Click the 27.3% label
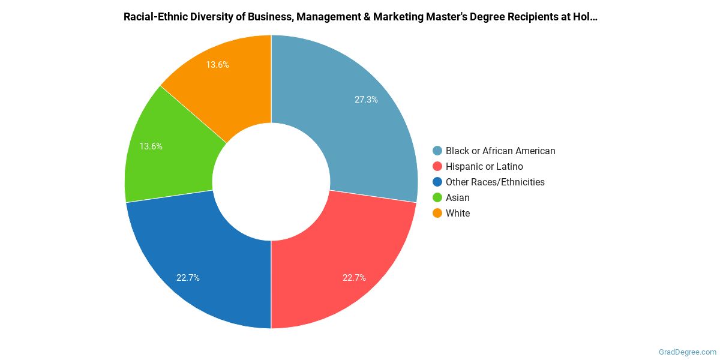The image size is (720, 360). [366, 100]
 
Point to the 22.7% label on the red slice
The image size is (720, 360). [354, 278]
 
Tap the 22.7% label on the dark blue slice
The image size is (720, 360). [188, 278]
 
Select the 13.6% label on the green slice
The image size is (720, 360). [151, 146]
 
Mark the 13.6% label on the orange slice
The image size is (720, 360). [217, 64]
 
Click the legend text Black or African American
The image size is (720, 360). [500, 151]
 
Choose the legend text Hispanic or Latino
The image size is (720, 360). [484, 167]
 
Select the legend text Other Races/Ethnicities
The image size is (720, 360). [495, 182]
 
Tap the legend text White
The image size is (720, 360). [458, 214]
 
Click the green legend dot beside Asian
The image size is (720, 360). [437, 198]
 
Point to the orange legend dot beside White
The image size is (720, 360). [437, 214]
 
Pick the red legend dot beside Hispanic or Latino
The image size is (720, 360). [437, 167]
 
